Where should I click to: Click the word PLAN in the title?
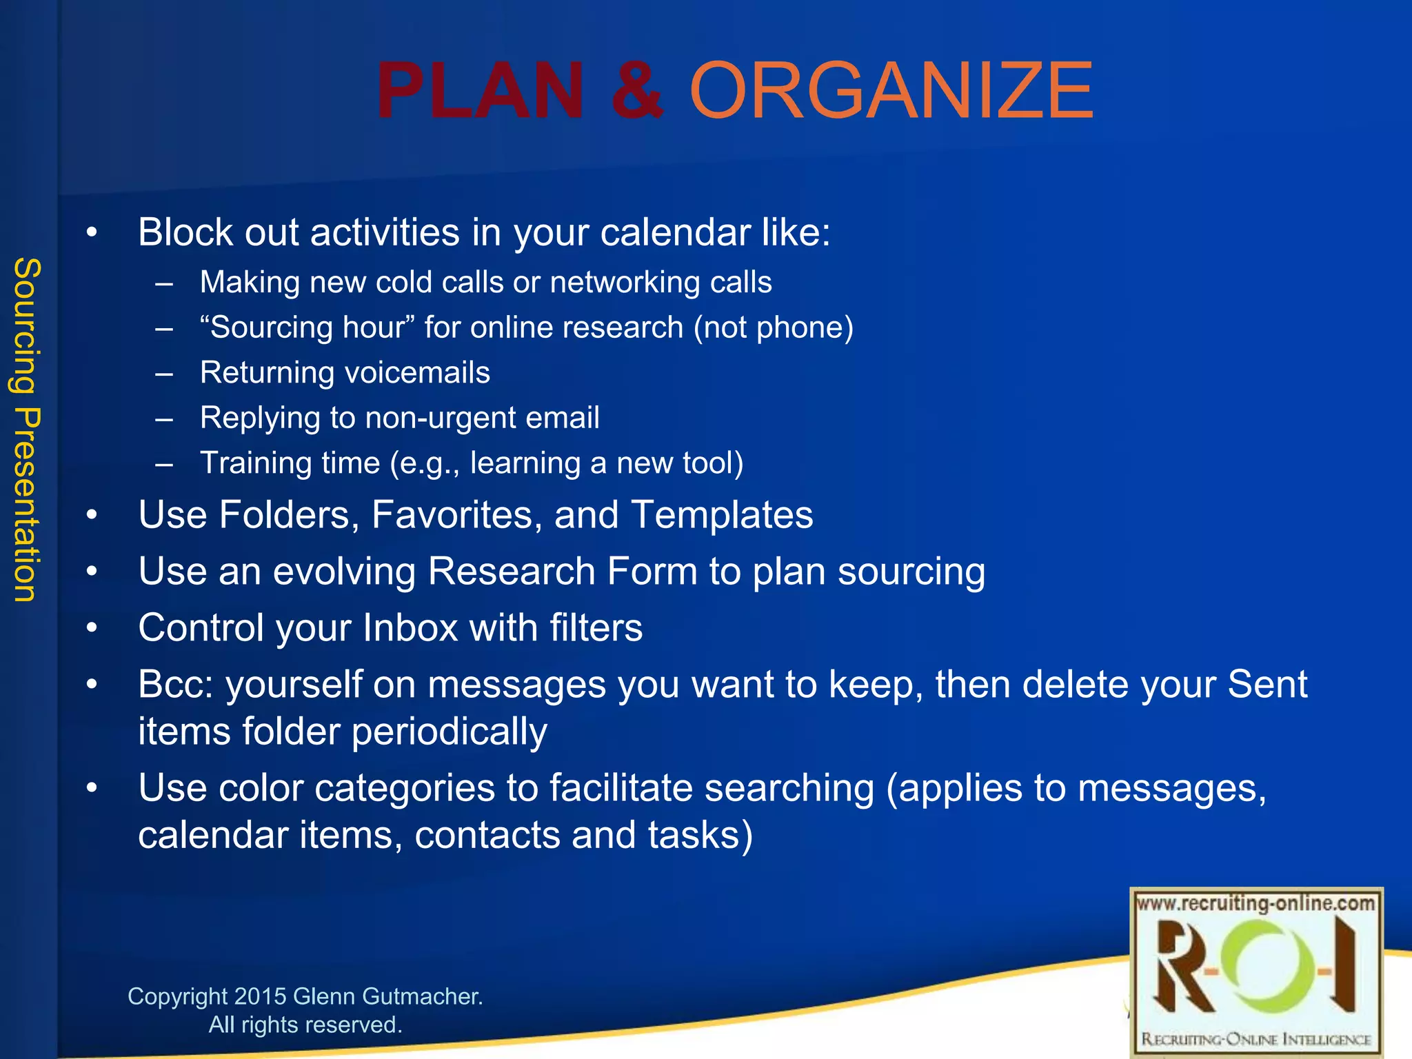coord(481,92)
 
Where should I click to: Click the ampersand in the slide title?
coord(637,92)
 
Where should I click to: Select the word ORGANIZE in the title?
coord(891,92)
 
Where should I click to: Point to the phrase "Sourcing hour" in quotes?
coord(303,327)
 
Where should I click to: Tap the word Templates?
coord(722,515)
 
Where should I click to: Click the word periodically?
coord(450,732)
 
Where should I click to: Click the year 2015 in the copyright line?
coord(260,996)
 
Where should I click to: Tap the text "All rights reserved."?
coord(305,1025)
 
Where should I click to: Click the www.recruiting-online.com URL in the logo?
coord(1255,904)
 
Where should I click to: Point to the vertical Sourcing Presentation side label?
coord(28,430)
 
